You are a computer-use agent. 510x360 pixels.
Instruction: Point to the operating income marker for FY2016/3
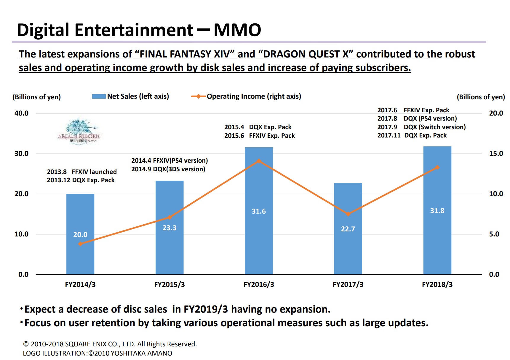259,161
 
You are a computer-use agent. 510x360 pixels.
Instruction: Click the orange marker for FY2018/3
437,167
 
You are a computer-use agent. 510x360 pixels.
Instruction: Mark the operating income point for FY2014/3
80,244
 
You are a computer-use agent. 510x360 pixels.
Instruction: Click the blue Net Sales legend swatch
99,97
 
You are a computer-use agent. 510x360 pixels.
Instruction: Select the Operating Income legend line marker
199,96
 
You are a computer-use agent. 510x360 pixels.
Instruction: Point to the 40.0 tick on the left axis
21,113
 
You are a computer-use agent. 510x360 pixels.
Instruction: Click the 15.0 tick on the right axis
496,153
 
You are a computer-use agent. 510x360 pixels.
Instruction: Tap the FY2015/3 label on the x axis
169,284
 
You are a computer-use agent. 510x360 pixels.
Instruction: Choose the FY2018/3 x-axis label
437,284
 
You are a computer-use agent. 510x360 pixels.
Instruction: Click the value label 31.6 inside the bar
259,211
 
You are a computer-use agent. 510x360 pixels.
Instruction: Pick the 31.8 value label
437,211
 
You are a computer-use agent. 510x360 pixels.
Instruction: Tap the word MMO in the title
237,30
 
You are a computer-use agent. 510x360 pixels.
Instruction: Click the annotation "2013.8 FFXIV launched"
82,172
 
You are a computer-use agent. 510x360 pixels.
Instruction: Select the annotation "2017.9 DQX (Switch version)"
421,127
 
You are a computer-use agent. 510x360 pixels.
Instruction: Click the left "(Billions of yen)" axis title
36,97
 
